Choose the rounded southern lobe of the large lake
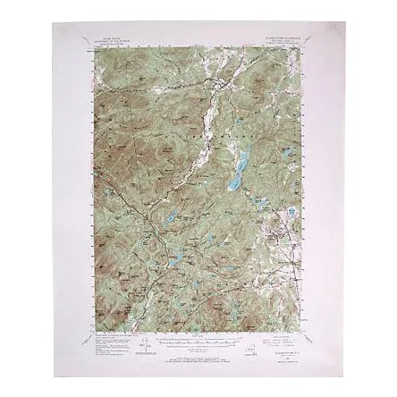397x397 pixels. point(233,185)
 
